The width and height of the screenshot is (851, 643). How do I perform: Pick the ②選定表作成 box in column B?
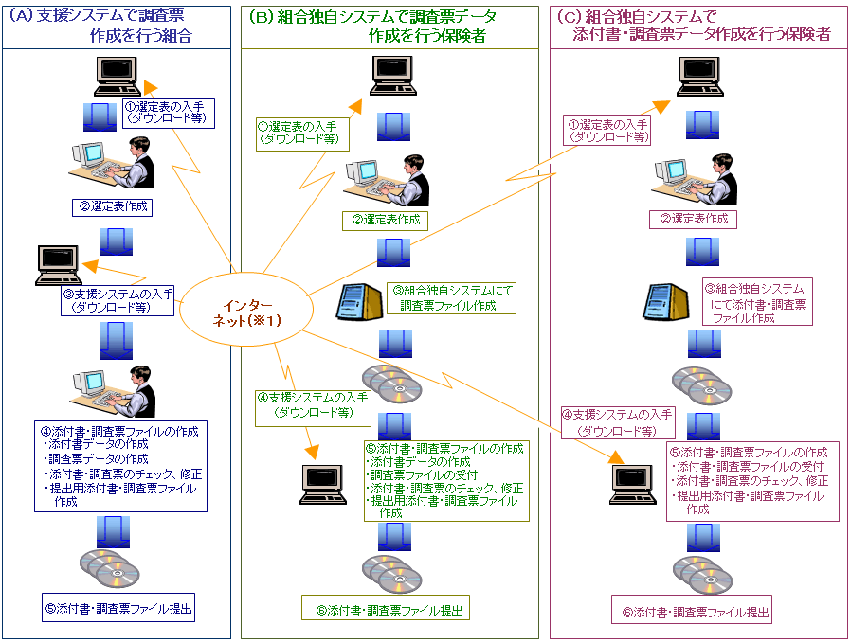tap(384, 221)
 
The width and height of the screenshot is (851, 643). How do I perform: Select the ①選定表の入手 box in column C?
tap(607, 131)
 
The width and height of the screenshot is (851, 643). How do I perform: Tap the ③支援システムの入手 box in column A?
tap(118, 300)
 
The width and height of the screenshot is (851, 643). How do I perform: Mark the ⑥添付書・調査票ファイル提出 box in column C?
tap(691, 613)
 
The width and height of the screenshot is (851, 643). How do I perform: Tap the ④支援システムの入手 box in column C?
tap(617, 421)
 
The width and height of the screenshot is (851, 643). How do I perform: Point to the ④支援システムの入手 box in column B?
tap(312, 404)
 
